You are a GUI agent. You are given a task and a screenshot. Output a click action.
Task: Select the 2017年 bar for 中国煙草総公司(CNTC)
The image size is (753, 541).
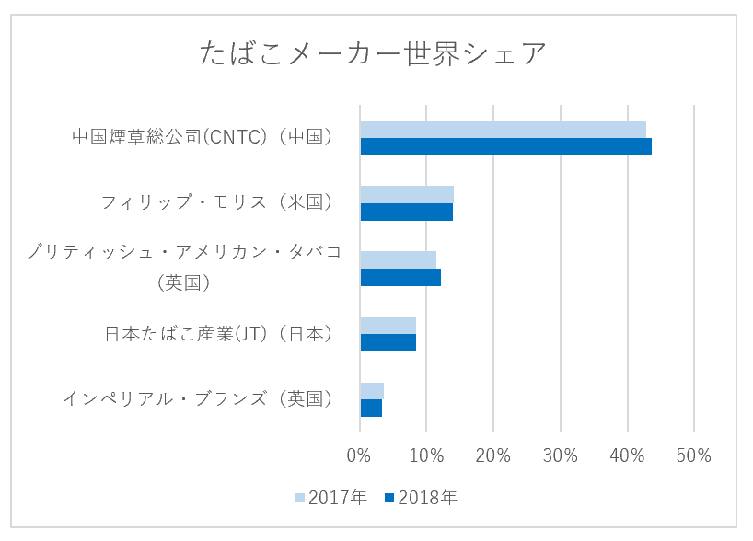[503, 129]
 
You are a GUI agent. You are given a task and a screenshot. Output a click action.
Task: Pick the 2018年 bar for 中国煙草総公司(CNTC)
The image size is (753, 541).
[505, 146]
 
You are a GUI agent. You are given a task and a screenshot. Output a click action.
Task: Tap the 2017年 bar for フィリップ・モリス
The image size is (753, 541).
[406, 194]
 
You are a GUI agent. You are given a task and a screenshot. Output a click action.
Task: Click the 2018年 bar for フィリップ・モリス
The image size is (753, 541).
[406, 212]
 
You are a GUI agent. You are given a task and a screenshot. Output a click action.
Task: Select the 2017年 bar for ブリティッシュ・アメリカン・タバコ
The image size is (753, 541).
[398, 259]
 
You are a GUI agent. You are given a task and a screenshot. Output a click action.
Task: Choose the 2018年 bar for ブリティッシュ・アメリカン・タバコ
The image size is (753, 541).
[400, 277]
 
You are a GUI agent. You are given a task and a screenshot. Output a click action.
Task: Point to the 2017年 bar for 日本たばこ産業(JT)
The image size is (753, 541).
[388, 326]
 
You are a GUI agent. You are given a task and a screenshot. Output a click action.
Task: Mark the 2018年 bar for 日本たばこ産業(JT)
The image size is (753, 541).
[388, 342]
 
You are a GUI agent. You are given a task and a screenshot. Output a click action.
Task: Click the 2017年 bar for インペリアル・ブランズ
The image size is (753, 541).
[372, 391]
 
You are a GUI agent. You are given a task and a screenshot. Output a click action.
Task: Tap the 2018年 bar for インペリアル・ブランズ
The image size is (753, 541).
[371, 408]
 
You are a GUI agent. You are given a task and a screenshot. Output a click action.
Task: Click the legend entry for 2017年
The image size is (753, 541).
[330, 498]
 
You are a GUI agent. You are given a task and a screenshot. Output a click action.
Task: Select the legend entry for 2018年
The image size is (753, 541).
[421, 498]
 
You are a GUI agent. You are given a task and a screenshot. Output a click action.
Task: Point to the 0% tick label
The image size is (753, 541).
[359, 455]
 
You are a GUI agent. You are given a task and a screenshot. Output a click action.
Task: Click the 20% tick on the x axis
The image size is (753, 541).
[492, 455]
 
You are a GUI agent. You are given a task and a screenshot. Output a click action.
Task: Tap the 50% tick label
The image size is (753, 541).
[693, 455]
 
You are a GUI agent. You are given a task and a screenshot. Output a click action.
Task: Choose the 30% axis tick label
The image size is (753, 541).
[560, 455]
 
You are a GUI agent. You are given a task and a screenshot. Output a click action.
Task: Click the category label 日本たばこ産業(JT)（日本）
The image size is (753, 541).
[219, 334]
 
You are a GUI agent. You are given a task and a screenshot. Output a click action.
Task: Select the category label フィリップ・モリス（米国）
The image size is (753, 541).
[219, 202]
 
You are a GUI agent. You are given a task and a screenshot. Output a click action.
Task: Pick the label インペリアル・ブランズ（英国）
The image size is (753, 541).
[198, 399]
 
